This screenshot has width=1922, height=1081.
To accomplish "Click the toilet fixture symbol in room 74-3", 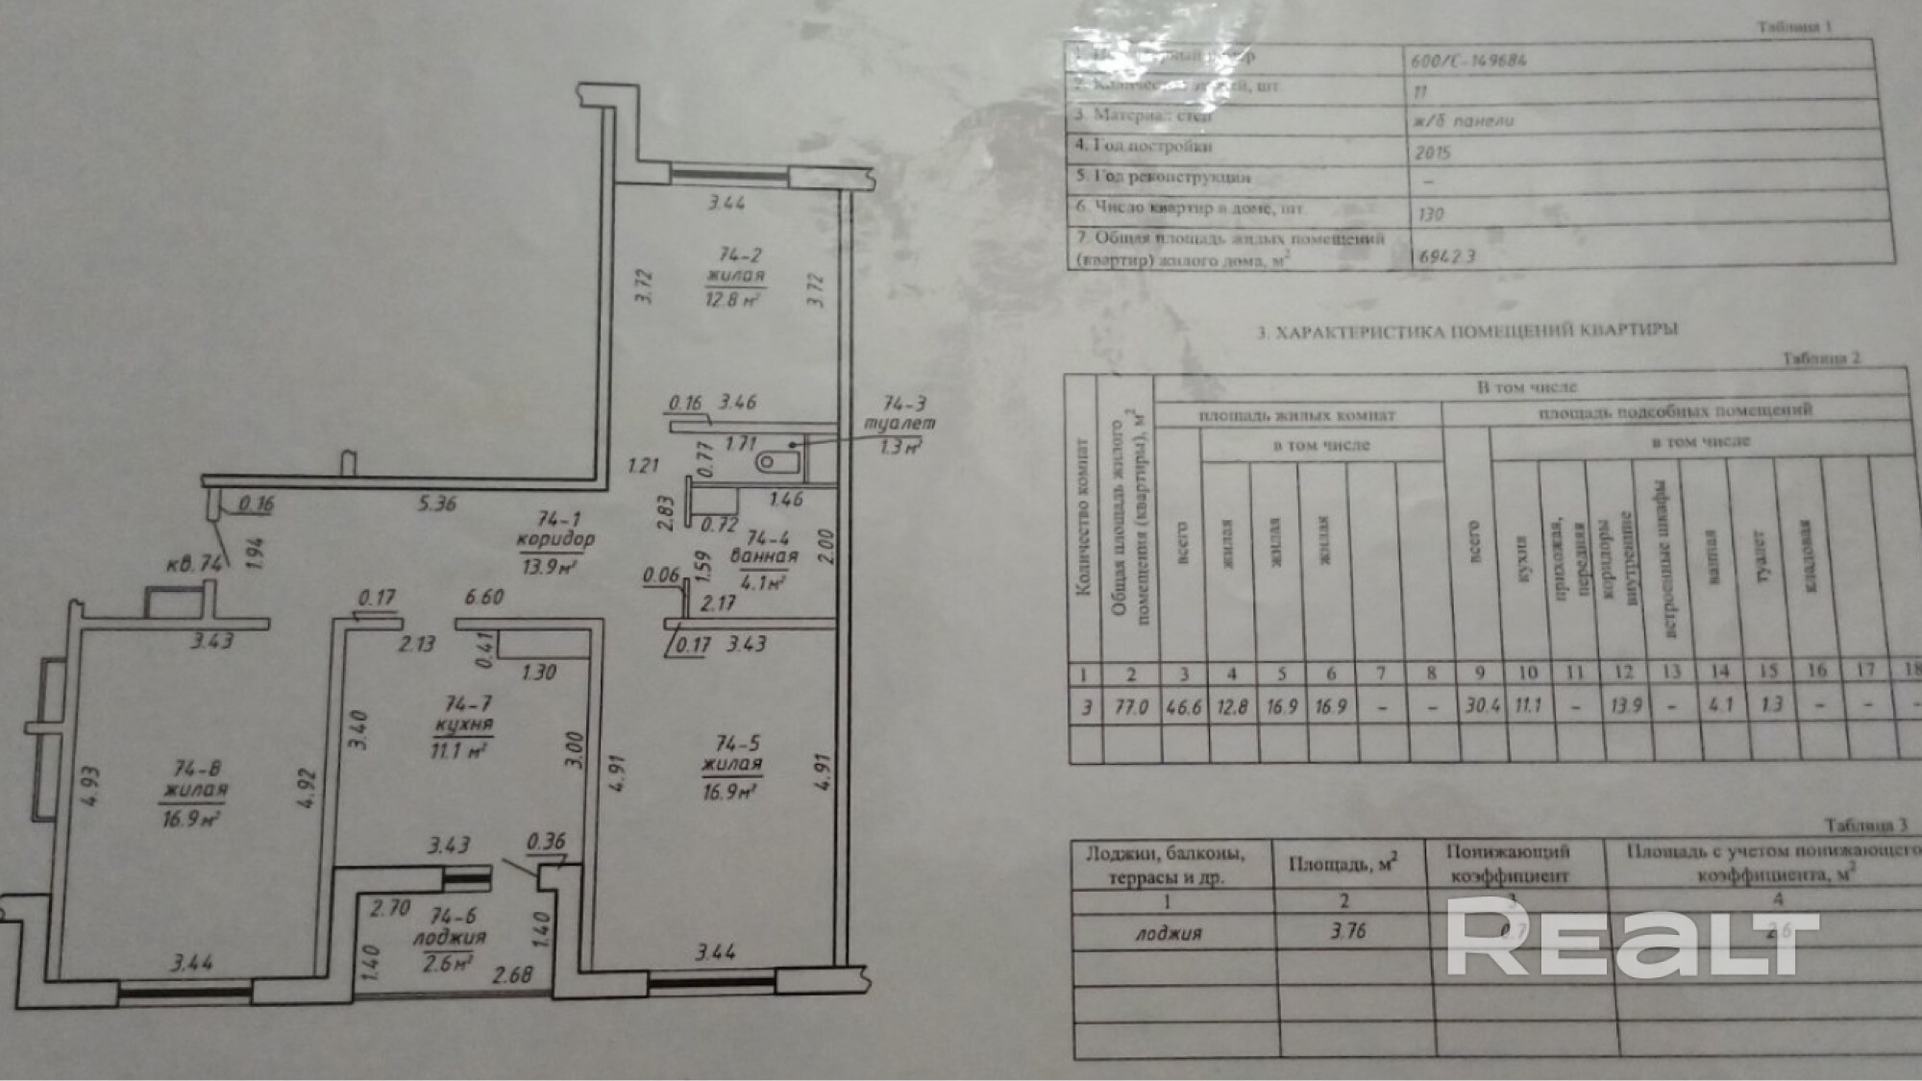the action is click(777, 463).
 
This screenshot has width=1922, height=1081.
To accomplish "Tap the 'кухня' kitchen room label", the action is click(462, 726).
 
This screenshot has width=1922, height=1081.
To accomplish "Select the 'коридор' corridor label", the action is click(554, 541).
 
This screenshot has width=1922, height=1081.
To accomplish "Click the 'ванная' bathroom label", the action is click(764, 557).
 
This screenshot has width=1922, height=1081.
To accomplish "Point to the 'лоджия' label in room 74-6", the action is click(449, 938).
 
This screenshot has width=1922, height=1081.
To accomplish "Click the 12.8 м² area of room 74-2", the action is click(733, 299).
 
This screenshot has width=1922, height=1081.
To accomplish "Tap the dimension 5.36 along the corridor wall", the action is click(436, 504).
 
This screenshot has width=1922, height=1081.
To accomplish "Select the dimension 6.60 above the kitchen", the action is click(483, 597).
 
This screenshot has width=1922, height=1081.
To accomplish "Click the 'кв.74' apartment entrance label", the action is click(194, 564).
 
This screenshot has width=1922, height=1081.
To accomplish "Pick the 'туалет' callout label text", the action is click(899, 424).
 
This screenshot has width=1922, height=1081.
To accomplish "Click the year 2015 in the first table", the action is click(1432, 152).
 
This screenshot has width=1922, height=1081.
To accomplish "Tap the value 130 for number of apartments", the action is click(1430, 213).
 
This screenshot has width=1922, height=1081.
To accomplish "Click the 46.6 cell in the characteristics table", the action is click(1183, 707).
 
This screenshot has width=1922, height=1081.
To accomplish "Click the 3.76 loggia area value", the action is click(1347, 930).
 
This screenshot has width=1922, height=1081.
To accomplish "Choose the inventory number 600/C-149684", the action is click(1468, 61).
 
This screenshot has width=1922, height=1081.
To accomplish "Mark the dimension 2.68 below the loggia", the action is click(512, 975).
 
